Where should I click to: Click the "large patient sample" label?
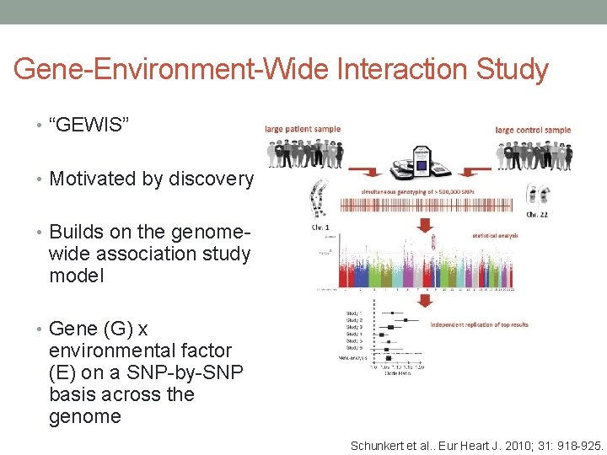(303, 129)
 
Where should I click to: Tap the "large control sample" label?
(533, 130)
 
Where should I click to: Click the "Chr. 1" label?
(320, 227)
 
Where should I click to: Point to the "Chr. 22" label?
(538, 215)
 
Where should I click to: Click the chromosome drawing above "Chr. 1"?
(319, 198)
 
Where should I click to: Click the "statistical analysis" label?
(495, 235)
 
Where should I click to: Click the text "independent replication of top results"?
(480, 324)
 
